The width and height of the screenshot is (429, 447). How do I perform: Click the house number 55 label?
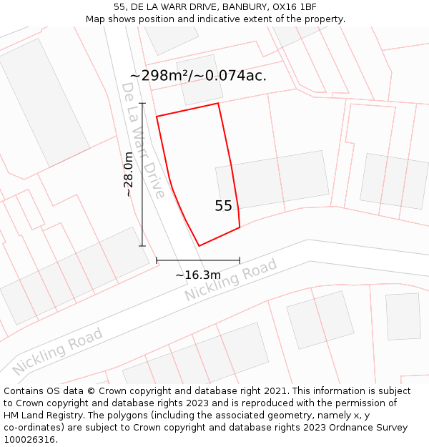pos(223,206)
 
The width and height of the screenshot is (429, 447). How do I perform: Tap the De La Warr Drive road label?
pos(143,140)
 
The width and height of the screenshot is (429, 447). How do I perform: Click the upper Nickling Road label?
pos(230,280)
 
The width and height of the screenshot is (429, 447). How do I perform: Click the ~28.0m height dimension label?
pos(128,175)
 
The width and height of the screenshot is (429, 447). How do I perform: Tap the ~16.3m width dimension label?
pos(198,275)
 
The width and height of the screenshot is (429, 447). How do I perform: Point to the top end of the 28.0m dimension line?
pos(142,104)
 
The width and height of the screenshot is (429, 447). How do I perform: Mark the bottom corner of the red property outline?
pos(199,246)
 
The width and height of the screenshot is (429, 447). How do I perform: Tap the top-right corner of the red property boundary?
pos(218,104)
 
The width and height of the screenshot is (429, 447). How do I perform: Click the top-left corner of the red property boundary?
pos(157,116)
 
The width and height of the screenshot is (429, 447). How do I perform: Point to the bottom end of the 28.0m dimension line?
pos(142,246)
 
